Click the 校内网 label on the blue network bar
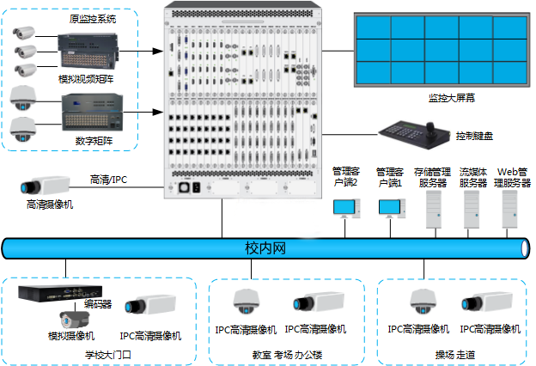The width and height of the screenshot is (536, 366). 265,248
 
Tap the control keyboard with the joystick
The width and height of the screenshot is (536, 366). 414,134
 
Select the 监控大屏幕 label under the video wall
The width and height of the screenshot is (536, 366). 452,98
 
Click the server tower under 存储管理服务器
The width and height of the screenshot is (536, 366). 434,210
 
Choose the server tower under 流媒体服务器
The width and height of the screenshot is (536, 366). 472,210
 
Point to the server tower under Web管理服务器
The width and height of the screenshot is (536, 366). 509,210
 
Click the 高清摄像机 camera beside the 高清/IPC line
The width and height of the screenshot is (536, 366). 45,186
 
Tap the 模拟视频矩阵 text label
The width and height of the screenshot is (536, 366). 86,79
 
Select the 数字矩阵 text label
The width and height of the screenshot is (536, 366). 94,141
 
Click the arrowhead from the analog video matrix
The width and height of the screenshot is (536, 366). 158,52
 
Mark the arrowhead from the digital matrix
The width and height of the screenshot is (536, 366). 158,112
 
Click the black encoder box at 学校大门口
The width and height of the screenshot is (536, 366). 60,293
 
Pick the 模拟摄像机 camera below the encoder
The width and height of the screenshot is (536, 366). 74,320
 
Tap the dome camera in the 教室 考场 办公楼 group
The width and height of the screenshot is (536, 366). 247,302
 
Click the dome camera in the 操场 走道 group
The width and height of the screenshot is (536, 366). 423,302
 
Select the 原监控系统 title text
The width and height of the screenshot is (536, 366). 93,19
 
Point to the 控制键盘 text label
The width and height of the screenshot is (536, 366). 474,136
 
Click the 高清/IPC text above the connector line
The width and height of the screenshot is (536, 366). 108,180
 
